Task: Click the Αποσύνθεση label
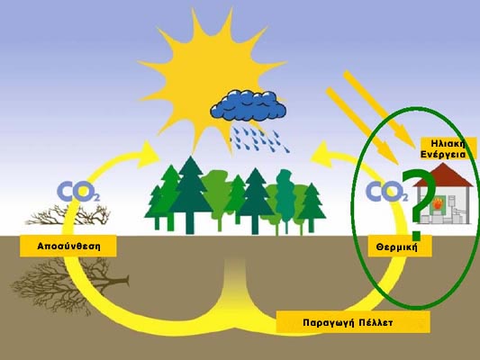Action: click(68, 247)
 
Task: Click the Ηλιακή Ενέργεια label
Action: click(443, 149)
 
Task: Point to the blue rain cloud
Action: click(249, 105)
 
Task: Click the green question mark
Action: click(420, 203)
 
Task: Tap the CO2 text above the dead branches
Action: click(78, 191)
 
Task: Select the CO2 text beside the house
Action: click(387, 191)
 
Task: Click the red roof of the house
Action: click(442, 175)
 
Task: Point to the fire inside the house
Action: click(437, 204)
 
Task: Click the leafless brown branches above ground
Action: click(68, 214)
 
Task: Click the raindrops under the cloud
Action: click(260, 139)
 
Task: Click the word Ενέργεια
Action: click(443, 154)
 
